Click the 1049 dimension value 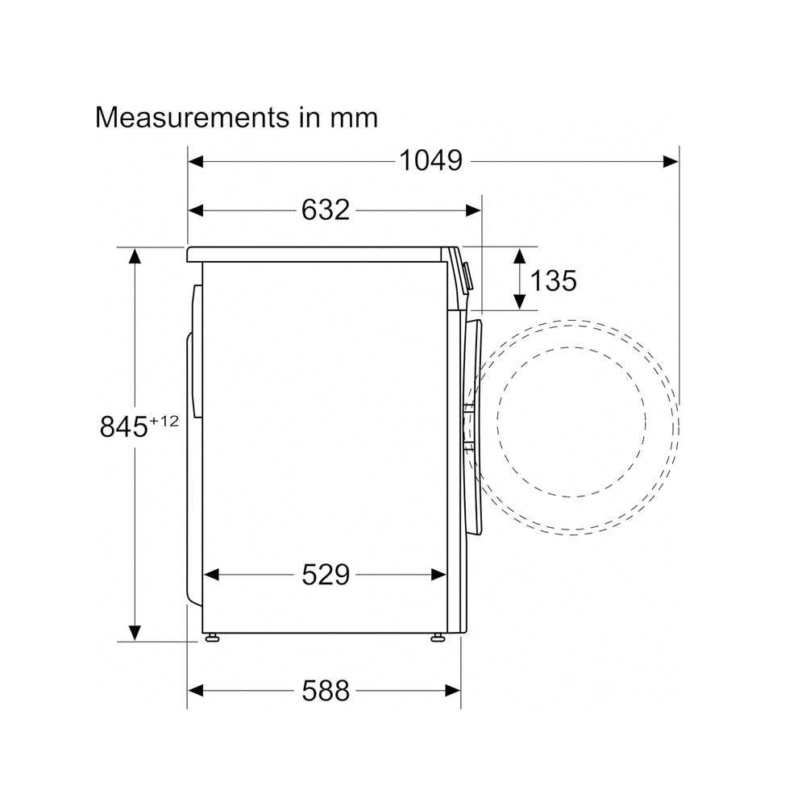[430, 160]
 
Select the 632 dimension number [326, 210]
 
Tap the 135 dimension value [553, 280]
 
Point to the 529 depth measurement [326, 574]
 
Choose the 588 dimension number [326, 691]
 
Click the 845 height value [124, 426]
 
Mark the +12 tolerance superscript [164, 421]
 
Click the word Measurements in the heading [193, 118]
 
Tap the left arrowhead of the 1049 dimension [196, 161]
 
